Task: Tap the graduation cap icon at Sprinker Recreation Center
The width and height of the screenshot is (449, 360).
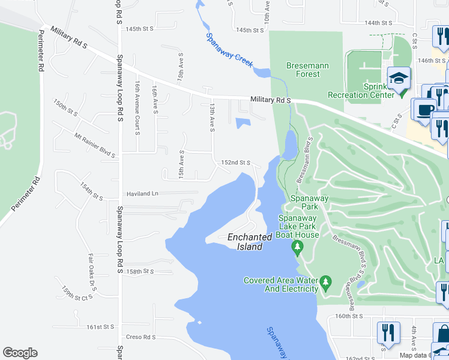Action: (398, 78)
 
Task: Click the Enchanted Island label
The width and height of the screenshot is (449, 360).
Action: (245, 242)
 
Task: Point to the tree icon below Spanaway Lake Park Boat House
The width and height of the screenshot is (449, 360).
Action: (296, 247)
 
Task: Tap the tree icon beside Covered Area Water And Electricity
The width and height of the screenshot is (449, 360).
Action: (325, 281)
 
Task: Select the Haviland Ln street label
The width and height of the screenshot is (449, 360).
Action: (142, 194)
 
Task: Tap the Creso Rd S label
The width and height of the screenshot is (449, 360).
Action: (140, 337)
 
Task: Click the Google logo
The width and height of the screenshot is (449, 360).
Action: (20, 353)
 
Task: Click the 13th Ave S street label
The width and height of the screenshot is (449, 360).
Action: (211, 118)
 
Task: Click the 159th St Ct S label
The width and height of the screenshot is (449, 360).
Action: (78, 293)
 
